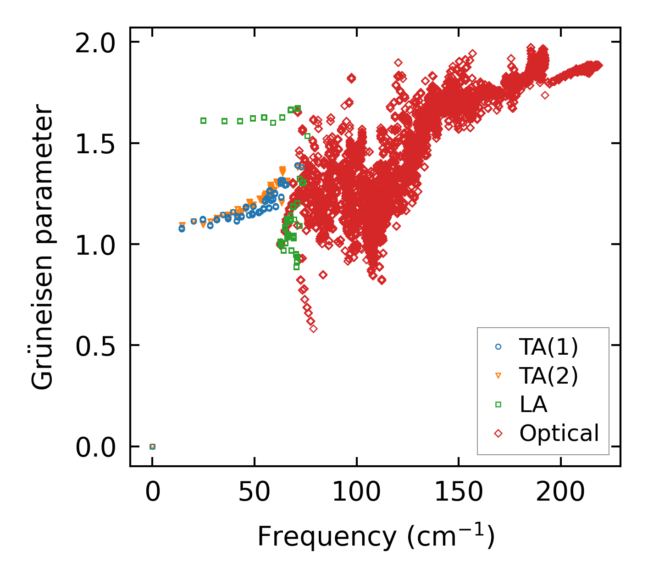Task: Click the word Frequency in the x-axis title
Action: click(x=326, y=536)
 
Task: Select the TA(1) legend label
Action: click(x=548, y=347)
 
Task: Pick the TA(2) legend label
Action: click(x=548, y=376)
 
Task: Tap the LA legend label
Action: click(x=533, y=405)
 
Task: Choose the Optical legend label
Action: click(x=559, y=433)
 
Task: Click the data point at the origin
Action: click(x=153, y=446)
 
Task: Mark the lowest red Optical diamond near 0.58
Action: click(x=313, y=329)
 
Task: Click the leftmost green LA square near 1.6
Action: click(x=203, y=121)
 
